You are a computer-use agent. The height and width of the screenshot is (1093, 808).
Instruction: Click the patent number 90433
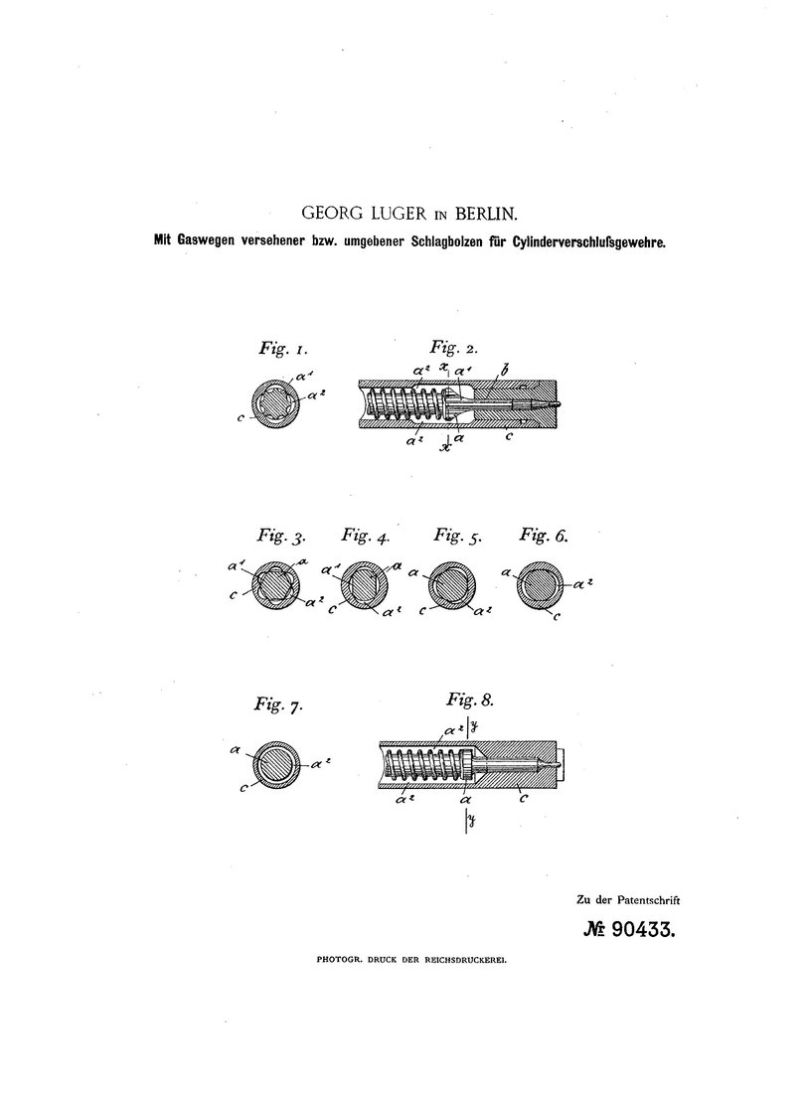(643, 930)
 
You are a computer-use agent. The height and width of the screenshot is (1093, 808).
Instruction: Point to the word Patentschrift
(648, 899)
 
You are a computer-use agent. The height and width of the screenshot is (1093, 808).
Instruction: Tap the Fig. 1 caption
(283, 348)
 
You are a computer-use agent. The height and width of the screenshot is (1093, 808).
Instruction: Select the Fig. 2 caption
(454, 347)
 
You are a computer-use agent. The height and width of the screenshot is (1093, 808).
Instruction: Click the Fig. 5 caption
(457, 536)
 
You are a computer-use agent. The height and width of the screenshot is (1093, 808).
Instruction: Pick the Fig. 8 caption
(470, 700)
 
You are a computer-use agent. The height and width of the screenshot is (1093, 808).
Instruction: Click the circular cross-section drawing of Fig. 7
(277, 762)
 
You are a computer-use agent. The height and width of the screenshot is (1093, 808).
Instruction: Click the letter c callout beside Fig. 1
(241, 417)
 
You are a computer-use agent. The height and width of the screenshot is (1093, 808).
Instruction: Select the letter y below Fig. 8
(471, 821)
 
